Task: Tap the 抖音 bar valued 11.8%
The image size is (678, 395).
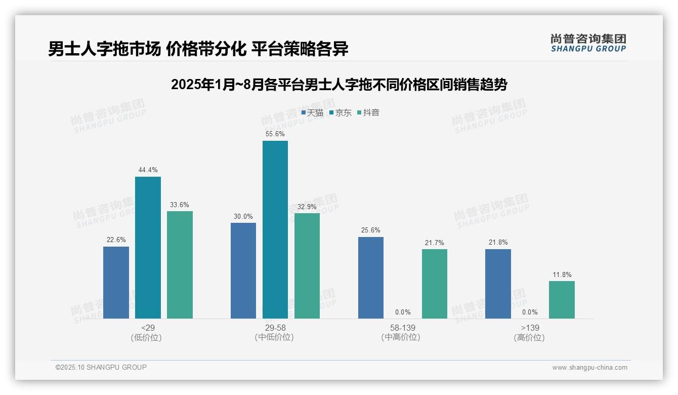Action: point(562,300)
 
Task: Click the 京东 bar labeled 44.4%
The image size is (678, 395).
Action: point(148,248)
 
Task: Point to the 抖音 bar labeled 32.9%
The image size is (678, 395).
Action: point(307,266)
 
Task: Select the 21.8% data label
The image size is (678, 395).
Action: point(498,243)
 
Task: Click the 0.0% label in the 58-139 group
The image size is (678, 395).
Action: point(402,312)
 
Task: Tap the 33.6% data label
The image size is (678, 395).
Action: point(180,205)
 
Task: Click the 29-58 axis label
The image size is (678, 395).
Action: point(275,328)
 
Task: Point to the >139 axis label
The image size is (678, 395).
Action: point(530,328)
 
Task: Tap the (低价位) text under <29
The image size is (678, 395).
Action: point(147,338)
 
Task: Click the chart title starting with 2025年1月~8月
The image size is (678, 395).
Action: point(338,85)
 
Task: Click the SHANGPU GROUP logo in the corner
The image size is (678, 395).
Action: point(588,43)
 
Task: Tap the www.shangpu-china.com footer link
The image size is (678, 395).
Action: point(589,368)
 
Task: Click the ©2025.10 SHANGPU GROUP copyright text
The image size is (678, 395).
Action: point(101,368)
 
